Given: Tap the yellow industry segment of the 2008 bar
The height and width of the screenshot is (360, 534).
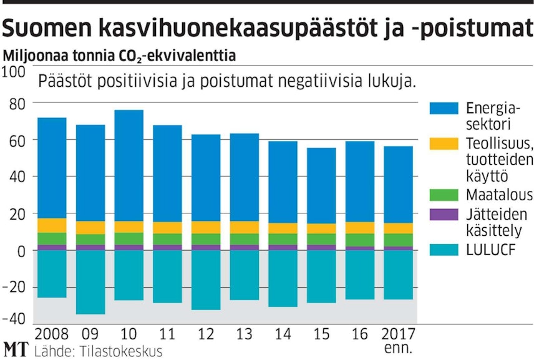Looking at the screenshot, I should point(52,225).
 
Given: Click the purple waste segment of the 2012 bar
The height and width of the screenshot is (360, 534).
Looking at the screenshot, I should point(206,247).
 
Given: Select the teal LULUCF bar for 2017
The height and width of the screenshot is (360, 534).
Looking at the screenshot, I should point(398,275).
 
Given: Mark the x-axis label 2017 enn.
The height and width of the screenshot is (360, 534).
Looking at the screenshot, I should point(398,339).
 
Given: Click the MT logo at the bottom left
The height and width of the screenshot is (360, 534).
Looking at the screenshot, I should point(16,349).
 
